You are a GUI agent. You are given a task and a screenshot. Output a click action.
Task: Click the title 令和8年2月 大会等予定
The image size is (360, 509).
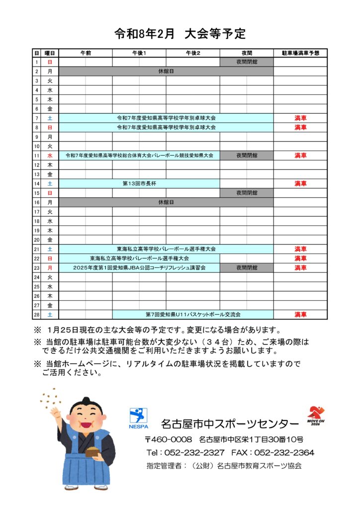point(180,34)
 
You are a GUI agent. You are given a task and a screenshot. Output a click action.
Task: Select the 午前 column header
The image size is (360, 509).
point(85,53)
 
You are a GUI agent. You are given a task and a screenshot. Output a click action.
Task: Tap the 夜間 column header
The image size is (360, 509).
point(246,53)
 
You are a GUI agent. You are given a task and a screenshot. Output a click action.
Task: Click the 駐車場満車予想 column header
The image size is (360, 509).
point(300,53)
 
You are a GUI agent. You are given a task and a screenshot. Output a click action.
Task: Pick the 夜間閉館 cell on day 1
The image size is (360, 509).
point(247,62)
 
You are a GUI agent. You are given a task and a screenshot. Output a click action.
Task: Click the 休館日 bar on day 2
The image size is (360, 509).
point(166,72)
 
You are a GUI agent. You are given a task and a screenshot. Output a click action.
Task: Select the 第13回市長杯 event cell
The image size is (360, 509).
point(139,183)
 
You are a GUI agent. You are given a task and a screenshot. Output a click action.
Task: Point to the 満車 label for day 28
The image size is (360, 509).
point(300,315)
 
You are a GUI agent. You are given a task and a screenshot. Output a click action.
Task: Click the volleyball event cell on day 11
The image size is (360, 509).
point(139,156)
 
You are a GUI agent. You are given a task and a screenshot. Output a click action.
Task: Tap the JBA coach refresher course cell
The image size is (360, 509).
point(139,268)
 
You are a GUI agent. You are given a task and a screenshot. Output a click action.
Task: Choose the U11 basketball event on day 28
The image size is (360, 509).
point(193,315)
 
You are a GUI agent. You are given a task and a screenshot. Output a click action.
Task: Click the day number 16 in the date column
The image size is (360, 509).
point(37,202)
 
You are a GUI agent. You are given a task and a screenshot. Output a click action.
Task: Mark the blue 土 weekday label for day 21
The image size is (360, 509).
point(50,249)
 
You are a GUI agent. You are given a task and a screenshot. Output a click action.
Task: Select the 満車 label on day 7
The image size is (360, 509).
point(300,118)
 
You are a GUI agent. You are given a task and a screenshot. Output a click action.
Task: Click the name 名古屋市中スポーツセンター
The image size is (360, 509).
point(230,424)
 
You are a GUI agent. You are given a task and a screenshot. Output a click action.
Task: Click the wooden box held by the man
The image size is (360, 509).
point(92,452)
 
